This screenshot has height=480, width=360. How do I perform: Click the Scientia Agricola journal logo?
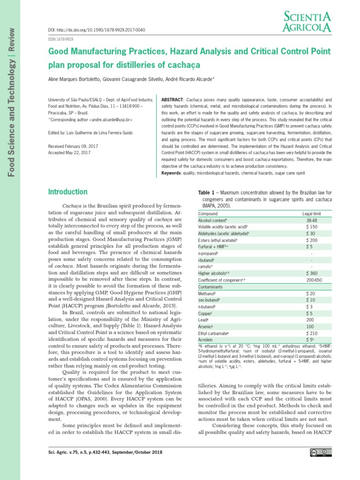(x=307, y=22)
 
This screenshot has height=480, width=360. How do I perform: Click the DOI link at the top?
(x=97, y=30)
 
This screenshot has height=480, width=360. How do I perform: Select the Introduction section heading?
(x=68, y=192)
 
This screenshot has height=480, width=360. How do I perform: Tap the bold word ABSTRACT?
(x=172, y=100)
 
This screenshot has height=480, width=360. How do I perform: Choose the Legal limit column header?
(x=313, y=213)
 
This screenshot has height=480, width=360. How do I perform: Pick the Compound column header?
(x=208, y=213)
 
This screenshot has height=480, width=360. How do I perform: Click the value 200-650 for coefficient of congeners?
(x=313, y=279)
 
